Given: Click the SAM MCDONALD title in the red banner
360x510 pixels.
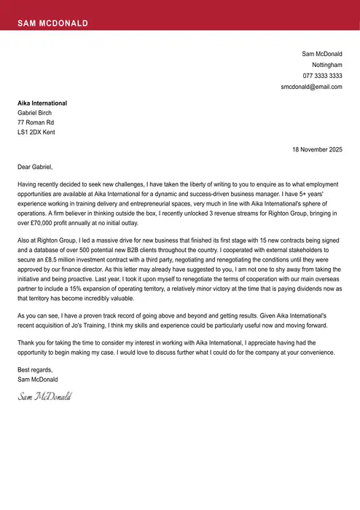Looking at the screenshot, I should click(x=52, y=23).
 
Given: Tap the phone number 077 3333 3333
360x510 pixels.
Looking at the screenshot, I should click(x=322, y=76).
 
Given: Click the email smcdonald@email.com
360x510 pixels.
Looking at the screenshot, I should click(x=311, y=87).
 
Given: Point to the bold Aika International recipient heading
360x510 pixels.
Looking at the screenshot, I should click(x=42, y=103).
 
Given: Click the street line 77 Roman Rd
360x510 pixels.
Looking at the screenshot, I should click(x=36, y=122).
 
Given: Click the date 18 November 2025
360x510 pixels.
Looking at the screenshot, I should click(x=317, y=149).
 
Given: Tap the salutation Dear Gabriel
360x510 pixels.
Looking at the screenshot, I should click(x=35, y=167).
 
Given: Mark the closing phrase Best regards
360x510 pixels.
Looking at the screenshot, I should click(x=35, y=370).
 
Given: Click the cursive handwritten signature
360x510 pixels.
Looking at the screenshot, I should click(x=44, y=397).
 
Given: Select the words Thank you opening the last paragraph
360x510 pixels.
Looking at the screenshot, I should click(x=31, y=342).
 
